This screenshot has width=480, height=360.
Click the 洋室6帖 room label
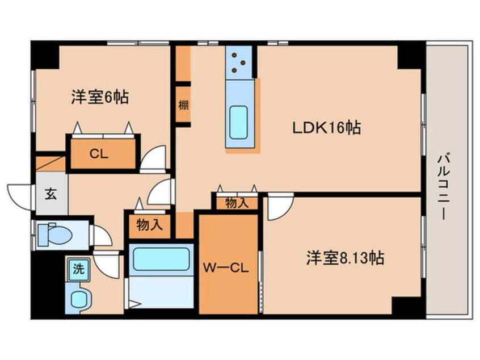click(100, 97)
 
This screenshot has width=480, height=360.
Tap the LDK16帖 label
click(327, 127)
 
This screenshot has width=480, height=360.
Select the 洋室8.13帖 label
click(346, 258)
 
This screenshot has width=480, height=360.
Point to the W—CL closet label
click(226, 269)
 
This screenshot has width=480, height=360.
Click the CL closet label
click(99, 154)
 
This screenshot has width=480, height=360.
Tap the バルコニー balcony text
click(443, 187)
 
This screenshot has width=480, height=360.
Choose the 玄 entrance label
click(51, 194)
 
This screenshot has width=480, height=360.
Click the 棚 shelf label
click(183, 106)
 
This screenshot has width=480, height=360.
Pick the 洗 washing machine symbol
click(79, 269)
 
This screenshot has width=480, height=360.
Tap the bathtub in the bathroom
click(161, 259)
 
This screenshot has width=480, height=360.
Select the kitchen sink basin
click(238, 122)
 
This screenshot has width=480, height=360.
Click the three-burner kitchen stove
click(238, 62)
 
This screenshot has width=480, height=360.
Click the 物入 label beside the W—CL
click(237, 203)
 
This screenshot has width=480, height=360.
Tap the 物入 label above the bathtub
click(149, 225)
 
